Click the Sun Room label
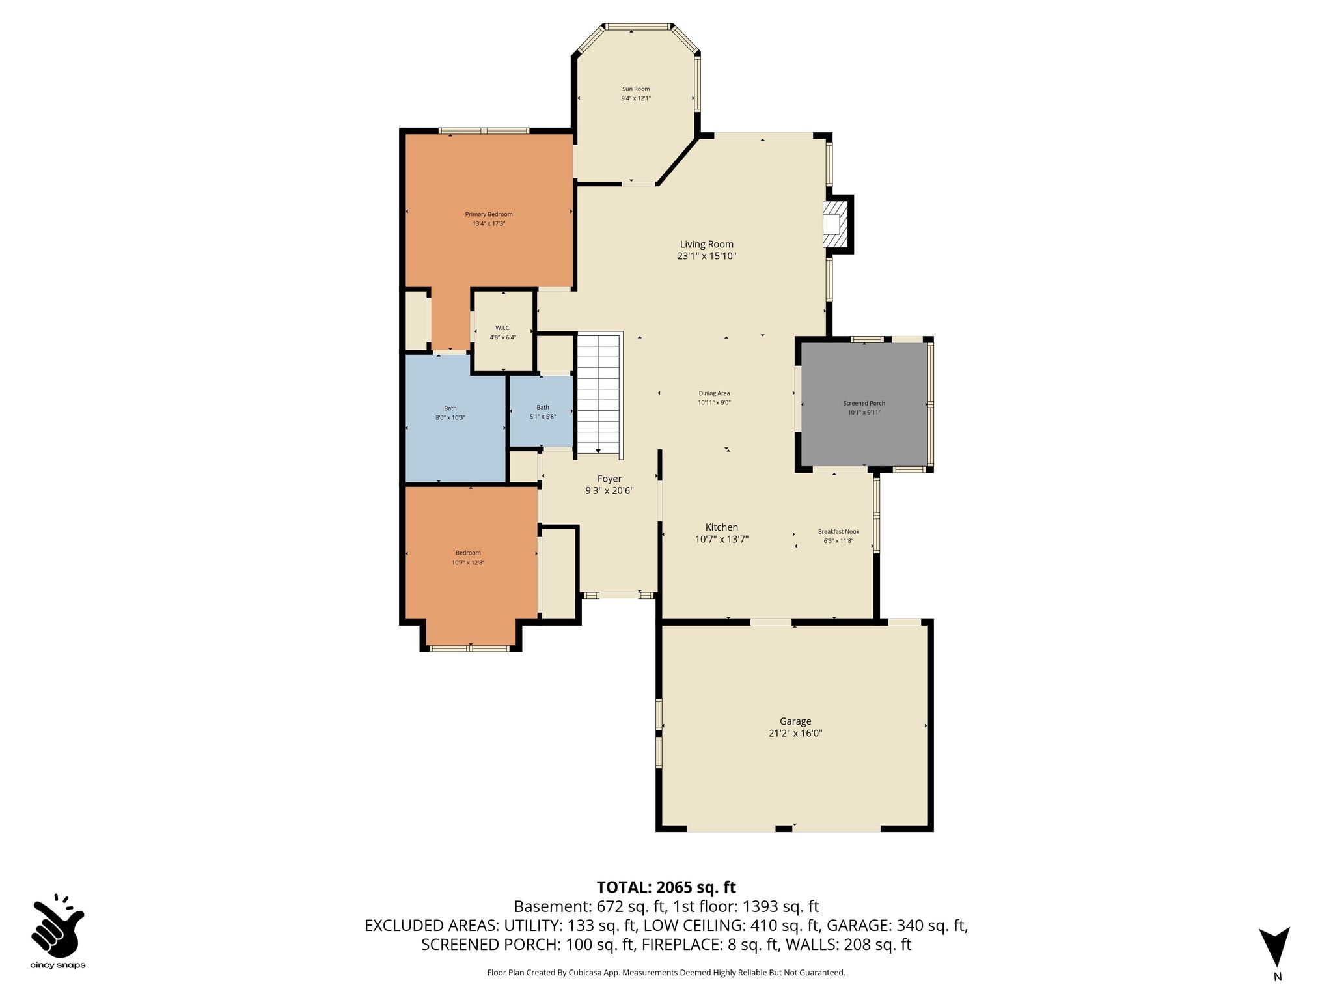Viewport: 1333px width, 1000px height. pos(636,89)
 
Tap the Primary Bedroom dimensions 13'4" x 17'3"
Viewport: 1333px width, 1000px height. pos(489,224)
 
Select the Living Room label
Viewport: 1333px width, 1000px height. pos(707,244)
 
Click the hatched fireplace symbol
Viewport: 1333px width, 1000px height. pos(836,224)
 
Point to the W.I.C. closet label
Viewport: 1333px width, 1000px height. pos(503,328)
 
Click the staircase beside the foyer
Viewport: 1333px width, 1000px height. pos(599,394)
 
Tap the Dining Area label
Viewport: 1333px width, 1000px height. pos(715,393)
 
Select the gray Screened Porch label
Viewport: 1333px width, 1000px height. pos(864,403)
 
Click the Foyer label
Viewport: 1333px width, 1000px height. pos(610,479)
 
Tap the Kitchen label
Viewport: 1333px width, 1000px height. pos(722,527)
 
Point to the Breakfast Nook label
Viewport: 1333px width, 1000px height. pos(839,531)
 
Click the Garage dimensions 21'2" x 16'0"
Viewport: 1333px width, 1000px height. pos(795,733)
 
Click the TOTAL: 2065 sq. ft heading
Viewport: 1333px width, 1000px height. pos(666,887)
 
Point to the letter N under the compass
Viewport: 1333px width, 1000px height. pos(1278,977)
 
